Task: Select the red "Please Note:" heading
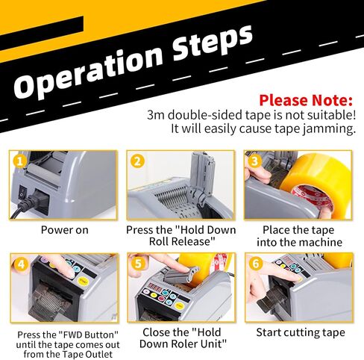[306, 100]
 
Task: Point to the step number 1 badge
[19, 161]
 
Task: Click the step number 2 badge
[137, 161]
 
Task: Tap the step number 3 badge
[255, 161]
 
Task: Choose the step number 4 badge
[21, 264]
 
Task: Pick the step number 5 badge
[138, 264]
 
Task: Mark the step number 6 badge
[256, 264]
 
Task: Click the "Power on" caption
[65, 230]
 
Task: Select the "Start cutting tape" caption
[301, 332]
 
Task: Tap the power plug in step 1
[32, 201]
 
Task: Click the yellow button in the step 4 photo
[83, 281]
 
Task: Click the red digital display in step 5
[154, 286]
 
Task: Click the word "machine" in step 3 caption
[320, 242]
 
